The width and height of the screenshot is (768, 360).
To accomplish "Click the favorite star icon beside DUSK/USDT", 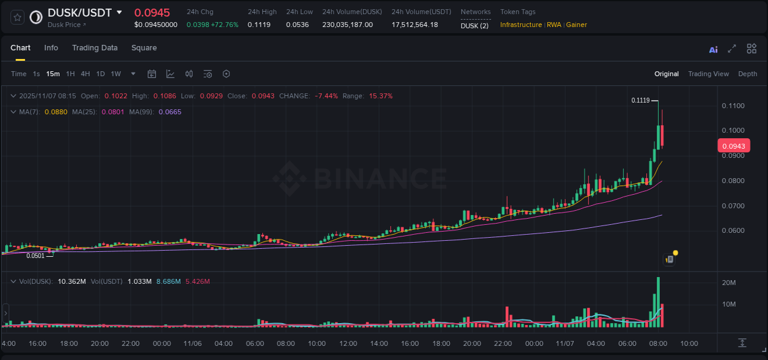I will (x=18, y=17).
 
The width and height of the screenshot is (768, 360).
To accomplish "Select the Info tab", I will (x=51, y=48).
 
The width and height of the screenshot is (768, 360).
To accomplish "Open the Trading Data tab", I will (x=95, y=48).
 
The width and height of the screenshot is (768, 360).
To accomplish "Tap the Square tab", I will (x=144, y=48).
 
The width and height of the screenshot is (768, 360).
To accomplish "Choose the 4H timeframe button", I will (x=85, y=74).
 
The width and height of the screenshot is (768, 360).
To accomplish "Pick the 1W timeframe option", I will (x=116, y=74).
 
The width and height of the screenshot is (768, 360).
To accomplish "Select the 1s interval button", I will (x=36, y=74).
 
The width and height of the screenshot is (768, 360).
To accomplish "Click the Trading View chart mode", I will (x=708, y=74).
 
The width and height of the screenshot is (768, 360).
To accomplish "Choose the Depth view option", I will (x=748, y=74).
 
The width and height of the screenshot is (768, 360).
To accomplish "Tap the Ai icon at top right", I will (x=713, y=49).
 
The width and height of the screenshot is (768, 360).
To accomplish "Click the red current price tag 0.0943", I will (x=734, y=146).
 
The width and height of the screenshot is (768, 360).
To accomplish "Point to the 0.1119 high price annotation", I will (x=641, y=100).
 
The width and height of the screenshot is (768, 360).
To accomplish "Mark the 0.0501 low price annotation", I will (x=36, y=256).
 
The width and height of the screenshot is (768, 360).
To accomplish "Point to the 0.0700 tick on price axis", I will (x=732, y=206).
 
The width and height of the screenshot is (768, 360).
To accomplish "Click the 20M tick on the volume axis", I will (x=729, y=283).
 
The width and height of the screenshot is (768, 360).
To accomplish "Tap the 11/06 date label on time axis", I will (x=193, y=343).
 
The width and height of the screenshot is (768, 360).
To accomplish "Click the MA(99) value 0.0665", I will (x=170, y=112).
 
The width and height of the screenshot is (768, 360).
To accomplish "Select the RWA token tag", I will (x=554, y=25).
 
